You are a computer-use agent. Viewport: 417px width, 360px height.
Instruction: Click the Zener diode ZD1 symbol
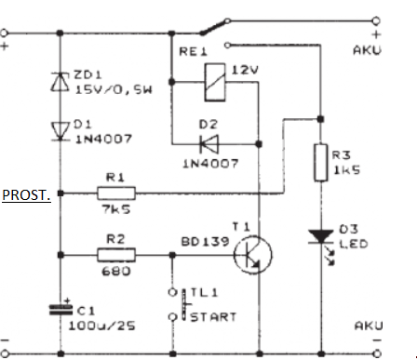coord(61,82)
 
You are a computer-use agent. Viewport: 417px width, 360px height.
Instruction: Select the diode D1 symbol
coord(61,131)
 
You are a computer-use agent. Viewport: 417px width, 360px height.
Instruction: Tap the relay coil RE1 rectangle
coord(215,82)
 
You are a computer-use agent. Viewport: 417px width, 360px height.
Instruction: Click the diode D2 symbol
coord(209,144)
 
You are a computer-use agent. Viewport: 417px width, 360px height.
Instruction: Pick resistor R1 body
coord(116,193)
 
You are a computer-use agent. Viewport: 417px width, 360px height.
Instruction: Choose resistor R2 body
coord(116,255)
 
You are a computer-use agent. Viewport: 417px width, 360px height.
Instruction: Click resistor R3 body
coord(321,163)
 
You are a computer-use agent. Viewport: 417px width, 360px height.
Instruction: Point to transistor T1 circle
coord(253,255)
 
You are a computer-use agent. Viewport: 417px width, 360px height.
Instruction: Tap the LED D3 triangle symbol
coord(321,236)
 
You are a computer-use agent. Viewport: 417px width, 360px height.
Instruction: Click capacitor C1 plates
coord(61,310)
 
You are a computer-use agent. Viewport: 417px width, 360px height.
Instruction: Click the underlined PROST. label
coord(26,195)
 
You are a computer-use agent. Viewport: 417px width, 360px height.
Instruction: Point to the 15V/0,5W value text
coord(114,89)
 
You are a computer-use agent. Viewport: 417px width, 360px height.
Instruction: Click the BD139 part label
coord(205,242)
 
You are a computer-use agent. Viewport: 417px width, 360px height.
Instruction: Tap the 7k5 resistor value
coord(116,209)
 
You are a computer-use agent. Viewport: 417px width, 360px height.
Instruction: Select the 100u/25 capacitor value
coord(102,326)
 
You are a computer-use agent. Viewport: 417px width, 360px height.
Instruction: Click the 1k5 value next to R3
coord(346,170)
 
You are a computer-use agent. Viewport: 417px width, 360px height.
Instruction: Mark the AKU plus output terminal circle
coord(376,21)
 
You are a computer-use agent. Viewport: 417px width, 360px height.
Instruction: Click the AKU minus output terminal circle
coord(377,353)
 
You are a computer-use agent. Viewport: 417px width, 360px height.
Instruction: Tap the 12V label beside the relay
coord(245,70)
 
